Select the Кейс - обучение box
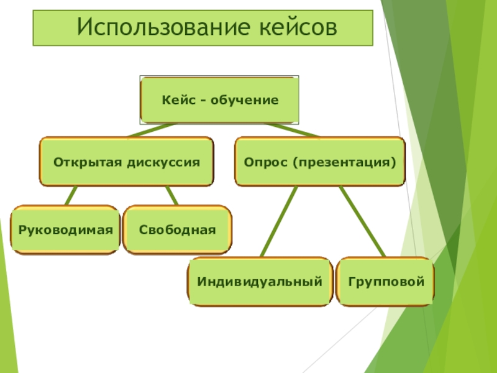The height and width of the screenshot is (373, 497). point(220,100)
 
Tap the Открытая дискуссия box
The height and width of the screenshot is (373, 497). point(127,162)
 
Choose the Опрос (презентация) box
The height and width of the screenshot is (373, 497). point(320,162)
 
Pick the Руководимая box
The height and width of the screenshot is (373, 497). point(65,230)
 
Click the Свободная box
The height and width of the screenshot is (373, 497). point(178,230)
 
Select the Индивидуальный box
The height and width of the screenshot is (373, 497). point(260,282)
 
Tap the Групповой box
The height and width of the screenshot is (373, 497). point(386,282)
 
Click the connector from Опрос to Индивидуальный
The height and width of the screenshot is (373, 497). point(278,221)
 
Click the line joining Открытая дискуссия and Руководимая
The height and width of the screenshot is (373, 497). point(71,195)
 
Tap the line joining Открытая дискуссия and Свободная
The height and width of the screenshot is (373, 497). point(171,195)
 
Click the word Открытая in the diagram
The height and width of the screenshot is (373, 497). point(88,162)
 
